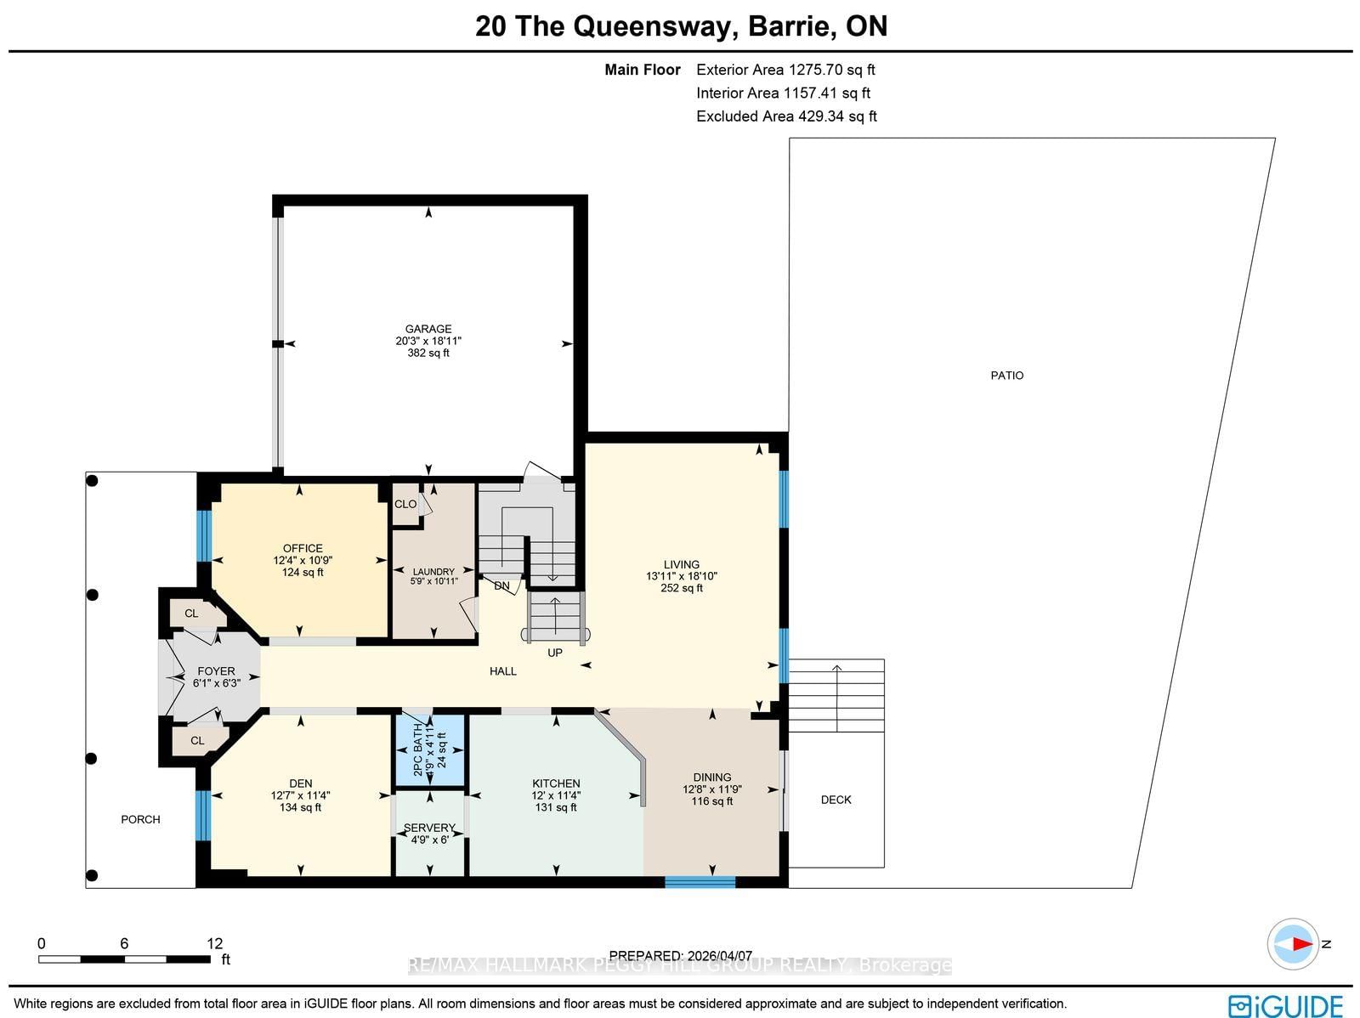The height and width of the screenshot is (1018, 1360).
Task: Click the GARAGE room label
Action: coord(428,329)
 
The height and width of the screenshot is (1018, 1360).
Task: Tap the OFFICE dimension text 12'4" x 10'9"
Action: coord(303,561)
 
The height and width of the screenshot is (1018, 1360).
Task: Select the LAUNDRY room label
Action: coord(433,572)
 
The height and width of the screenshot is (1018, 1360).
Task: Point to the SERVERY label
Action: coord(429,828)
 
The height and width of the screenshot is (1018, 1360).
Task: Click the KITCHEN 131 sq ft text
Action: coord(556,807)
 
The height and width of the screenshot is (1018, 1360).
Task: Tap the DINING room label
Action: coord(712,777)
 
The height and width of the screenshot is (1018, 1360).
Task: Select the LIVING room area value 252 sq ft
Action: coord(682,588)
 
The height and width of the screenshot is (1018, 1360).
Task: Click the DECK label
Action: coord(836,800)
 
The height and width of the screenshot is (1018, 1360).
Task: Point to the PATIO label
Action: coord(1007,375)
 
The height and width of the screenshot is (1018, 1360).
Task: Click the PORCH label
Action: coord(140,819)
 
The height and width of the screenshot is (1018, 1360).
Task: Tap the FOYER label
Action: coord(216,670)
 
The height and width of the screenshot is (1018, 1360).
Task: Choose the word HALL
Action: coord(503,670)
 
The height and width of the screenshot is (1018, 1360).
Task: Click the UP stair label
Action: coord(555,653)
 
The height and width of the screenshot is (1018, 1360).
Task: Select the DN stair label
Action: coord(501,585)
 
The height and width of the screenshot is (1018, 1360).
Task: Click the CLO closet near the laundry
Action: coord(405,504)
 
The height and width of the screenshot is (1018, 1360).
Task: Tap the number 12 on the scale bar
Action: coord(214,943)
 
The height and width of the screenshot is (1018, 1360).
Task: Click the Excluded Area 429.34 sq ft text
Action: coord(786,116)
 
